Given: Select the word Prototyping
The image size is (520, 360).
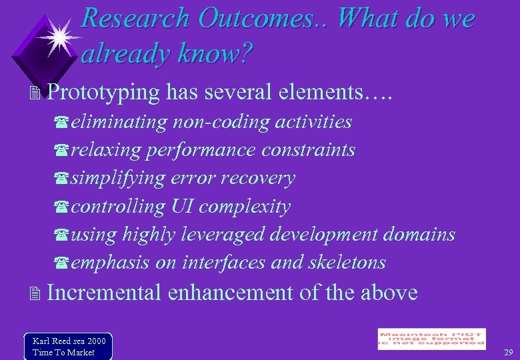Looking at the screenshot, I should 104,93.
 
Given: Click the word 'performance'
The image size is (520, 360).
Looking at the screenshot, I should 201,150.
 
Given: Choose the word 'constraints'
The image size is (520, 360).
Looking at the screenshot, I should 308,150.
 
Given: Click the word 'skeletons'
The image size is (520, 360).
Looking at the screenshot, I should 347,263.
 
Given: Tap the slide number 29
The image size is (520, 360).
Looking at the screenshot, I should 508,351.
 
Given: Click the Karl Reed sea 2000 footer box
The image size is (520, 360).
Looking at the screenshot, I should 68,347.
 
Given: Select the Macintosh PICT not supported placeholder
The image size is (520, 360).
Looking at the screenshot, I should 431,339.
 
